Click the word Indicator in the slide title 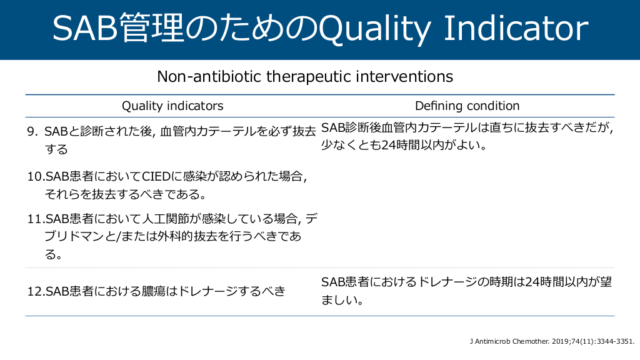(x=516, y=29)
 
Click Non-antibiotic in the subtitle (x=210, y=76)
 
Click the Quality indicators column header (x=172, y=106)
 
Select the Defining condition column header (x=467, y=106)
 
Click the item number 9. (x=32, y=131)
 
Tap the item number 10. (x=36, y=177)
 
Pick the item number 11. (x=36, y=219)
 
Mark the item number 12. (x=36, y=291)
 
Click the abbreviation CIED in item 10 (x=156, y=176)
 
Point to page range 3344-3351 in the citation (x=615, y=341)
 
